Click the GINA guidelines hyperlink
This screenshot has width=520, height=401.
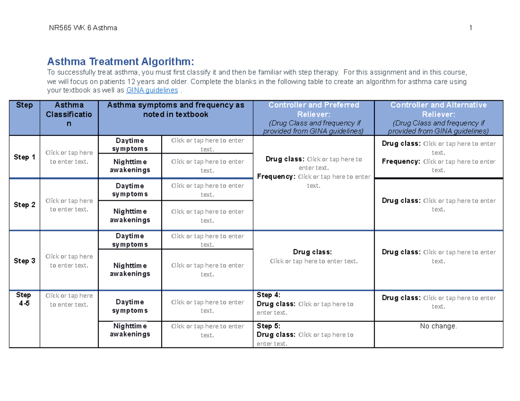(152, 90)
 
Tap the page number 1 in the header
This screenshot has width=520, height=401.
(470, 29)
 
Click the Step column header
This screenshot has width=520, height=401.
(24, 105)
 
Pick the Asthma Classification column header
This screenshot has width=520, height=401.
(69, 114)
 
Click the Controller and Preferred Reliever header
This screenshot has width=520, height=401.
(313, 109)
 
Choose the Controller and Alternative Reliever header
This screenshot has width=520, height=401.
(438, 109)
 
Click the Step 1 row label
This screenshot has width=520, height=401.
(24, 157)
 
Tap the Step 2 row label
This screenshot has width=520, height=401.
(24, 205)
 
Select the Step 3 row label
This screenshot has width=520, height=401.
(24, 261)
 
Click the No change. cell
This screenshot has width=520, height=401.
(438, 326)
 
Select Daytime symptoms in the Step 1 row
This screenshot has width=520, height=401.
(130, 144)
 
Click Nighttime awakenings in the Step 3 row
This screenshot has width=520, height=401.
(130, 269)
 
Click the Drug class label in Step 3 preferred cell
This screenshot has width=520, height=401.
(312, 252)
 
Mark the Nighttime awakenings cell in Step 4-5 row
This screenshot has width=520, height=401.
(130, 330)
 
